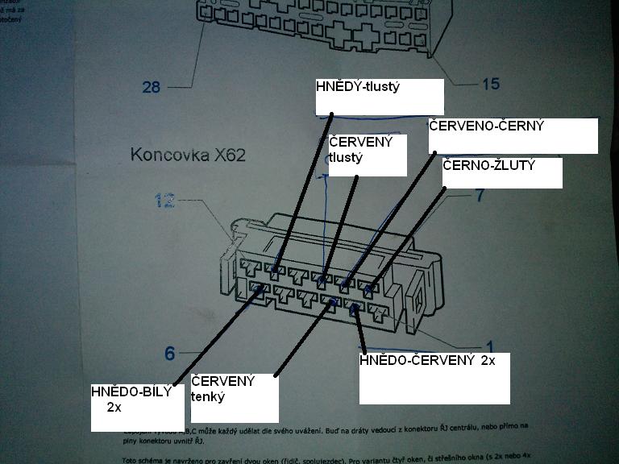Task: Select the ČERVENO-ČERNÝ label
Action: (x=487, y=126)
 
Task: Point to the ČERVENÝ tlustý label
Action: (x=361, y=150)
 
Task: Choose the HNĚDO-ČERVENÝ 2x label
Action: (x=427, y=361)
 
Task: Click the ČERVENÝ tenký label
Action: (x=222, y=388)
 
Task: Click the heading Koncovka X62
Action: (x=188, y=155)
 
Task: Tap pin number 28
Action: (x=152, y=86)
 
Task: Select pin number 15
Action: (x=490, y=83)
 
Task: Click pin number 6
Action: (x=169, y=353)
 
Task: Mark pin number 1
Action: (x=491, y=349)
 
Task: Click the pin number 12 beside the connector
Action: (x=164, y=201)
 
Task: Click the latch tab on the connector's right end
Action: (x=418, y=299)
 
